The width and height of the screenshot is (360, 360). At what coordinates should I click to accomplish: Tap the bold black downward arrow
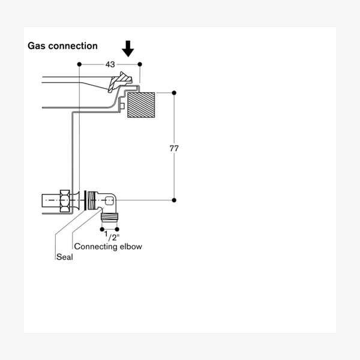pos(128,49)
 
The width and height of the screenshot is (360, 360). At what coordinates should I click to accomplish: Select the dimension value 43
pos(110,64)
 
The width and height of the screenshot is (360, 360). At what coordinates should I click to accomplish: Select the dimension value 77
pos(174,148)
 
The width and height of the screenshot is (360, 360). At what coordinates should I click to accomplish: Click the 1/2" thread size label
pos(109,238)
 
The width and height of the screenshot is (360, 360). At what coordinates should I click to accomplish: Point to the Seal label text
pos(64,257)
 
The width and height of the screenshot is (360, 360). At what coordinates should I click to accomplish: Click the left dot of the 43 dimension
pos(79,64)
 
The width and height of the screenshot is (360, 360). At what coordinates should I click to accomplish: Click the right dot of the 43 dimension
pos(140,64)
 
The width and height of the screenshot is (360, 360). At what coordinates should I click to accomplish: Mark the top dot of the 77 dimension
pos(174,92)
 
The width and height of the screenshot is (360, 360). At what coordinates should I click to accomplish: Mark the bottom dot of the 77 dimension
pos(174,200)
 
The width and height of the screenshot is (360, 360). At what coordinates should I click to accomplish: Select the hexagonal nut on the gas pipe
pos(65,200)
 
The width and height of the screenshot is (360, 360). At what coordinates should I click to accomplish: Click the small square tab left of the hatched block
pos(122,106)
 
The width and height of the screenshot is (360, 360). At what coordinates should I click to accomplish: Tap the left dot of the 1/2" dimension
pos(103,229)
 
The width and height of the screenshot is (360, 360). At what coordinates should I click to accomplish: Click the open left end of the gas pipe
pos(42,200)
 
